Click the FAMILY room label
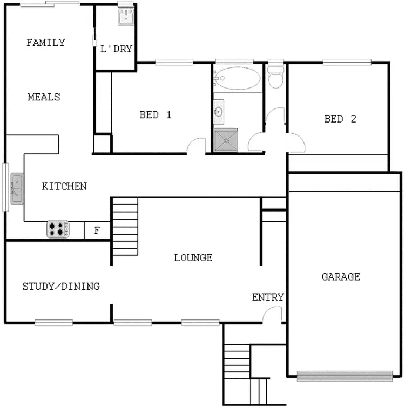pos(46,43)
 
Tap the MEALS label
pos(44,97)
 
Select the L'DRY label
pos(116,49)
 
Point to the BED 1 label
pos(156,114)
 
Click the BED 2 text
pos(340,119)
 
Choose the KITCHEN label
pos(64,186)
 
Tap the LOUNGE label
pos(193,257)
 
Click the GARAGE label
pos(341,277)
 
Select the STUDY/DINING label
pos(61,286)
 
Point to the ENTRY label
pos(268,297)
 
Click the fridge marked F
pos(97,230)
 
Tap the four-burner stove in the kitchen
pos(58,229)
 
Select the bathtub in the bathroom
pos(238,79)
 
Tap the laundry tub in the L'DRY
pos(126,16)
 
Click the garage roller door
pos(345,375)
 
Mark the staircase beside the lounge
pos(125,227)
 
